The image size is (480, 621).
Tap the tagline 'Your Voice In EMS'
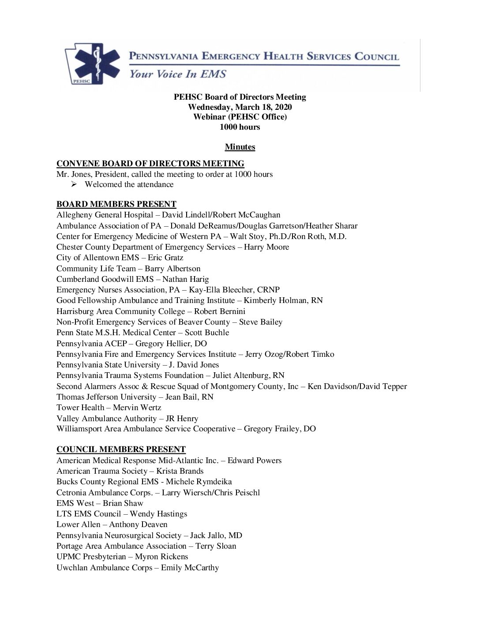click(177, 74)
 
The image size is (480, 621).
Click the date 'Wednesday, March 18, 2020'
click(240, 107)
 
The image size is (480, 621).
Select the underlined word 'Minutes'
click(240, 147)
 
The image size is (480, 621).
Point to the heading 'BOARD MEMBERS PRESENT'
click(116, 204)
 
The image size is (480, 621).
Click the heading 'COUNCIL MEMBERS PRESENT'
click(121, 449)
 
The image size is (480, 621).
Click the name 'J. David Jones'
click(194, 365)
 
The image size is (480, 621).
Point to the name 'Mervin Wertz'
click(137, 408)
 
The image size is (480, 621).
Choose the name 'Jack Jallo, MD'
click(216, 535)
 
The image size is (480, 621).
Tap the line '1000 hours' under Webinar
click(240, 127)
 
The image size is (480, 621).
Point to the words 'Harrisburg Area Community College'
click(121, 311)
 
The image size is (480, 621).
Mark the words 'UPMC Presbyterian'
click(91, 557)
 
